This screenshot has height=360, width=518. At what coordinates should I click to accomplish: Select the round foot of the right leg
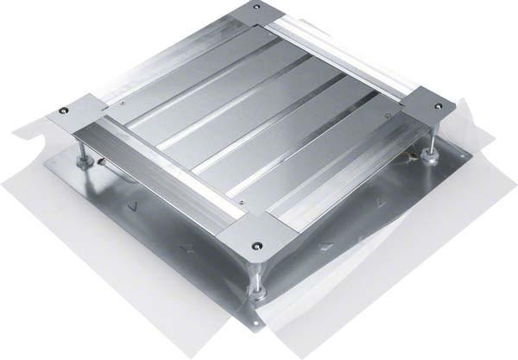[429, 159]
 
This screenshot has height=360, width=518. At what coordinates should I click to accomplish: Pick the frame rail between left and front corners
[155, 177]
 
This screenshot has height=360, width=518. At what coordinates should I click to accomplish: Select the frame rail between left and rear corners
[164, 60]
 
